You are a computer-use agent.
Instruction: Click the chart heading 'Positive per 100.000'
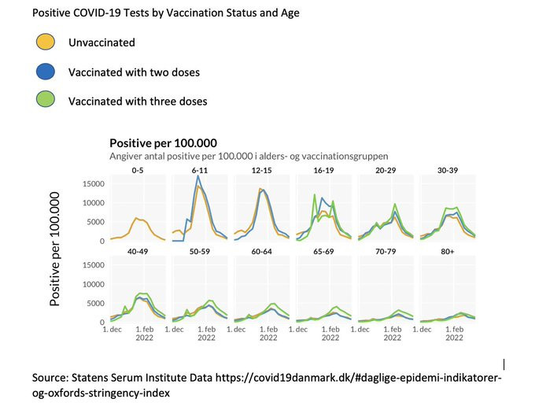tap(163, 143)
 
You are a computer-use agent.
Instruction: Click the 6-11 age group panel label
tap(199, 169)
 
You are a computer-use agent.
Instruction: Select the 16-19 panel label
tap(323, 169)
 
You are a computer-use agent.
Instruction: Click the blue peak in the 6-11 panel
tap(198, 175)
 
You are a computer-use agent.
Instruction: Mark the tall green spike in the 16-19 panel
tap(315, 194)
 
